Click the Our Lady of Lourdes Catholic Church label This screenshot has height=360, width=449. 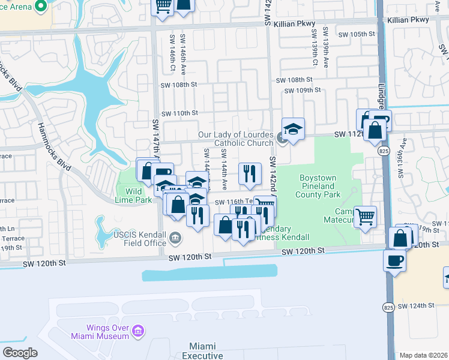[x=235, y=139]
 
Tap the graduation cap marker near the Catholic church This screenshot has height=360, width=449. [x=293, y=130]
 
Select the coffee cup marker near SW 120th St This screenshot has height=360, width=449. [x=394, y=260]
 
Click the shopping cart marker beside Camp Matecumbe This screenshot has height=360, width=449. [x=366, y=217]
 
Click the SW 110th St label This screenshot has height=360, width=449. [x=178, y=113]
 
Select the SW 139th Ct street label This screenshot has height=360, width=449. [x=315, y=46]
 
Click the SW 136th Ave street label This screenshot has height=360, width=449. [x=403, y=159]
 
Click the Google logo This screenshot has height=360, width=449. [x=20, y=353]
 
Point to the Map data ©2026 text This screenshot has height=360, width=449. [x=423, y=355]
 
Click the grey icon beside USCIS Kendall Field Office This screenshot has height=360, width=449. [x=175, y=239]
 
